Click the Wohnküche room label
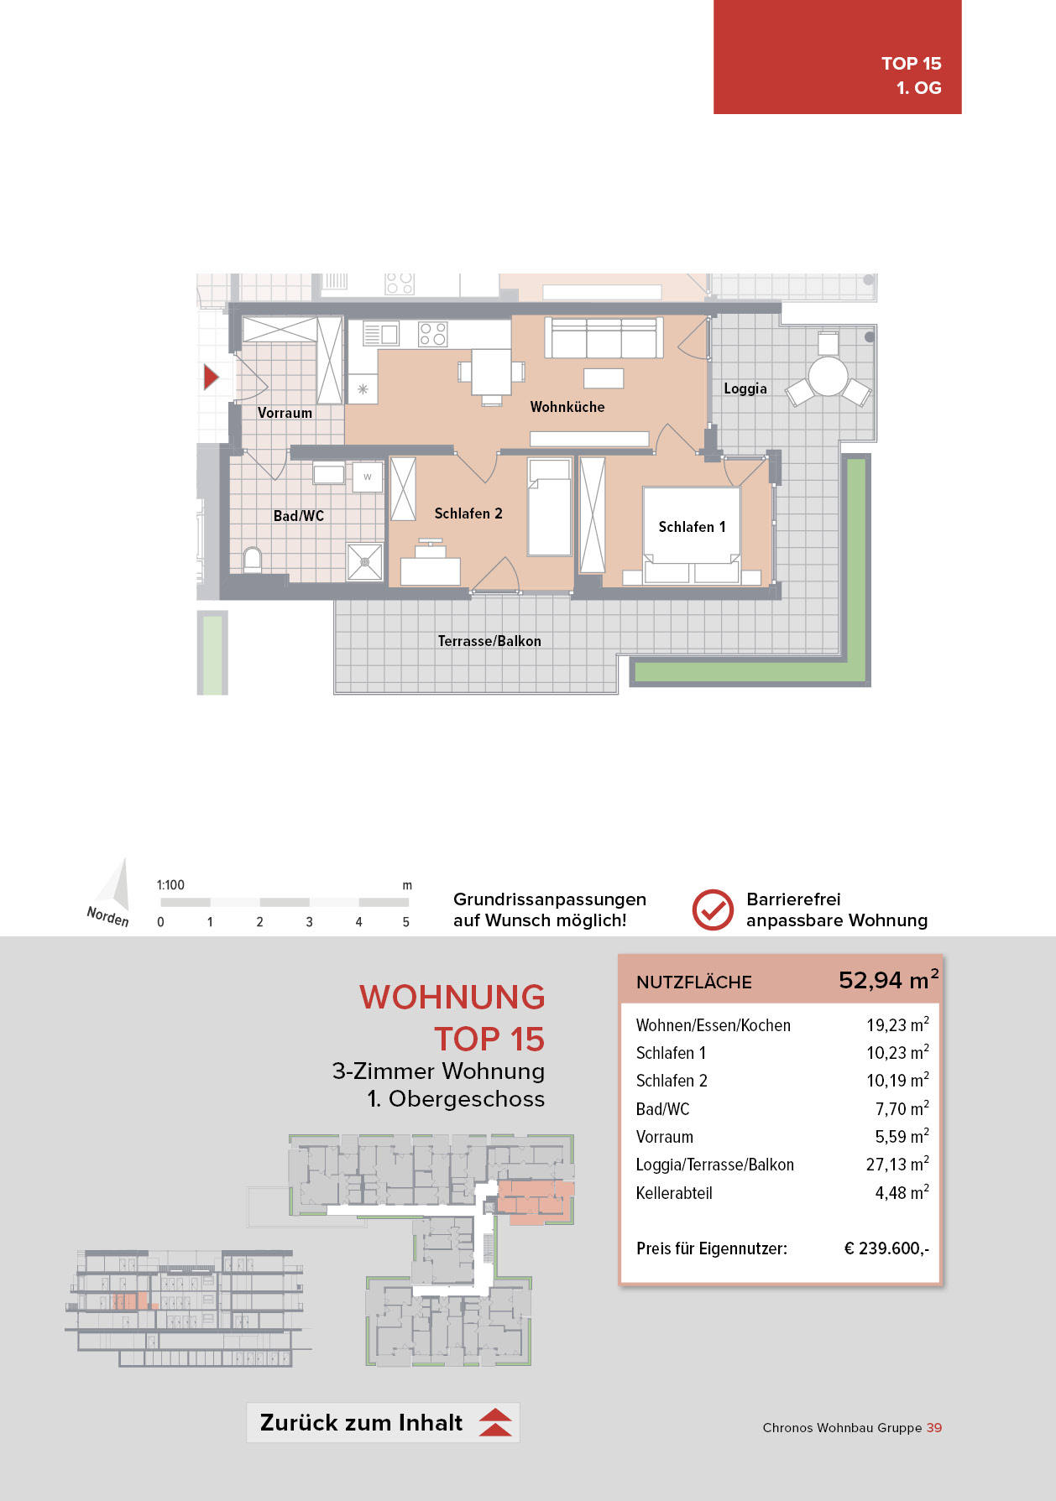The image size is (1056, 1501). click(x=567, y=407)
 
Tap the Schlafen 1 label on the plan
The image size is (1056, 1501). click(x=692, y=527)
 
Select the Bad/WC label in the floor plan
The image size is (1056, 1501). click(x=299, y=516)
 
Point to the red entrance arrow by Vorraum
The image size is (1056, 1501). click(x=212, y=378)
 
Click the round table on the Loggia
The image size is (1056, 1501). click(x=829, y=376)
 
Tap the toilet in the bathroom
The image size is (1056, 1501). click(x=252, y=560)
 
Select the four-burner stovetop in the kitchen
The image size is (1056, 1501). click(x=432, y=334)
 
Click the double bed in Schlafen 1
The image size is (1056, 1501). click(x=692, y=534)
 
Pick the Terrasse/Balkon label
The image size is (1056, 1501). click(x=489, y=641)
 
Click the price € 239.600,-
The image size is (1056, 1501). click(x=886, y=1248)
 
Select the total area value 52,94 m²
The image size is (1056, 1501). click(x=889, y=980)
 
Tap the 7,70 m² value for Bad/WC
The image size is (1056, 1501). click(x=902, y=1108)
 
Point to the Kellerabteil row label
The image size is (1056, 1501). click(x=674, y=1193)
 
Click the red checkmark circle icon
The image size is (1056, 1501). click(x=713, y=909)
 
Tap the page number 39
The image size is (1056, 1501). click(x=934, y=1428)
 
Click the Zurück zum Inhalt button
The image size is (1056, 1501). click(x=383, y=1423)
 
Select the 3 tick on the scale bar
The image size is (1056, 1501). click(x=309, y=922)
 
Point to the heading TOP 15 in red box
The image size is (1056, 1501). click(x=912, y=64)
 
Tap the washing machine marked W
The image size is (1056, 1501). click(x=367, y=477)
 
